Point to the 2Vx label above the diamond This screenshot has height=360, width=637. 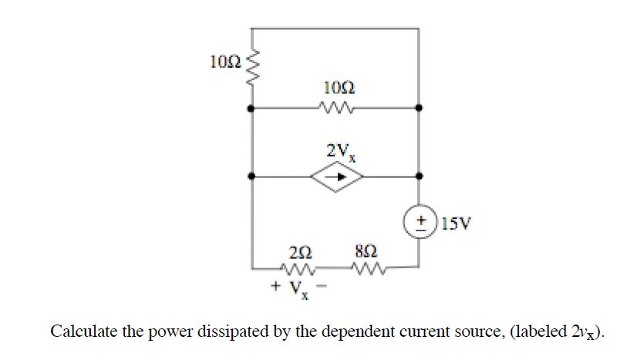pyautogui.click(x=337, y=151)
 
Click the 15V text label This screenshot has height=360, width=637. pyautogui.click(x=454, y=224)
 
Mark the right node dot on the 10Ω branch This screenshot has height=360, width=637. pyautogui.click(x=419, y=109)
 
